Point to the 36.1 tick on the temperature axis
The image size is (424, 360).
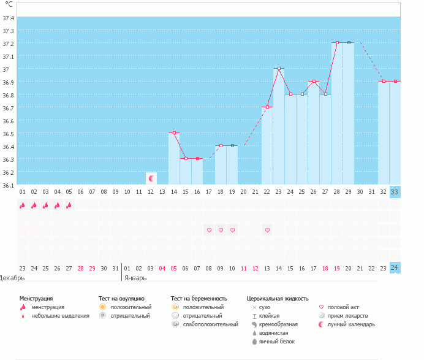pos(9,185)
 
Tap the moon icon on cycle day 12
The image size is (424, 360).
pos(151,178)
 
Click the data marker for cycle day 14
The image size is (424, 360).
pos(174,132)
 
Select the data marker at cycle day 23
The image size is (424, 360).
pos(279,69)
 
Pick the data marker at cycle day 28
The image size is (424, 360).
pos(337,43)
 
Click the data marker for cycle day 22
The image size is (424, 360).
pos(267,107)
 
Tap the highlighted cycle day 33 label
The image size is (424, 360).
pos(395,191)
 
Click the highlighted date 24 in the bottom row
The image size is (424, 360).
pos(395,267)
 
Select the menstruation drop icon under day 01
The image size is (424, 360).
pos(22,205)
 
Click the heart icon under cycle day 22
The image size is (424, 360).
pos(267,230)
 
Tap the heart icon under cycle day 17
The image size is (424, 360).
pos(209,230)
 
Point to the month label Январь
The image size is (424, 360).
pos(135,277)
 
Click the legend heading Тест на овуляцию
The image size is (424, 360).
pos(121,299)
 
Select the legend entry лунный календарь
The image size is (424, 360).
pos(351,324)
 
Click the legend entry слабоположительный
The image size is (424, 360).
pos(210,324)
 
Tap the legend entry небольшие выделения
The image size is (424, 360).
pos(61,315)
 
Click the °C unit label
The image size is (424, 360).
pos(9,4)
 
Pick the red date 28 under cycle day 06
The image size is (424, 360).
pos(81,267)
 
